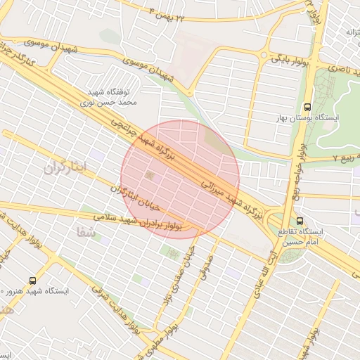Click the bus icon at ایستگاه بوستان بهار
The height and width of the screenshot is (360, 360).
point(307,108)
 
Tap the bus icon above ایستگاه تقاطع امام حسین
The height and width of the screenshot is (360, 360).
point(301,220)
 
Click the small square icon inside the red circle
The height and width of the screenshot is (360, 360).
point(149,174)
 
